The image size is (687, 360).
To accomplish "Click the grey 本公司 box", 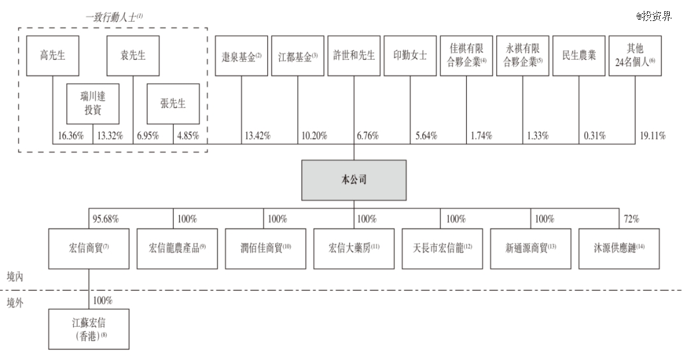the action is [354, 180].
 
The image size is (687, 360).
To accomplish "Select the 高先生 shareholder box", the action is [53, 55].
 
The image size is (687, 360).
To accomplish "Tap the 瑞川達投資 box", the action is [93, 104].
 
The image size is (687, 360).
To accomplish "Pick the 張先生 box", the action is [173, 104].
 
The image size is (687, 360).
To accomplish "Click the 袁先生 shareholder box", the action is [133, 55].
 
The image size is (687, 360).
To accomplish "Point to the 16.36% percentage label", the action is [71, 135].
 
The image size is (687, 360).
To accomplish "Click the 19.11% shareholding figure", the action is [653, 135].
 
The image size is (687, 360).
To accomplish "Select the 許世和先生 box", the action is [354, 55].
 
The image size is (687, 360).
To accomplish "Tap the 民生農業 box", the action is [579, 55].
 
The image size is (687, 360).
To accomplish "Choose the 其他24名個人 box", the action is [635, 55].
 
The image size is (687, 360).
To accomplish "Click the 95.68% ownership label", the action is [106, 219].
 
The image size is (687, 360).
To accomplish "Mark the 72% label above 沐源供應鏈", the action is [632, 219].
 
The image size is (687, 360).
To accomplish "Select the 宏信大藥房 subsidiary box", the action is [354, 248].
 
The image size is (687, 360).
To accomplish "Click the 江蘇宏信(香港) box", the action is [88, 329].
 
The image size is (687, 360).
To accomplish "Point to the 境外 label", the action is [15, 303].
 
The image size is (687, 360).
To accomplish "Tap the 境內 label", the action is [15, 277].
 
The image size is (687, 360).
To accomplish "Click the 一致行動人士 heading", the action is [114, 17].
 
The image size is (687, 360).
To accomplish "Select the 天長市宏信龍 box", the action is [442, 248].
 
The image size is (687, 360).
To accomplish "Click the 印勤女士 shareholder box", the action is [410, 55].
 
